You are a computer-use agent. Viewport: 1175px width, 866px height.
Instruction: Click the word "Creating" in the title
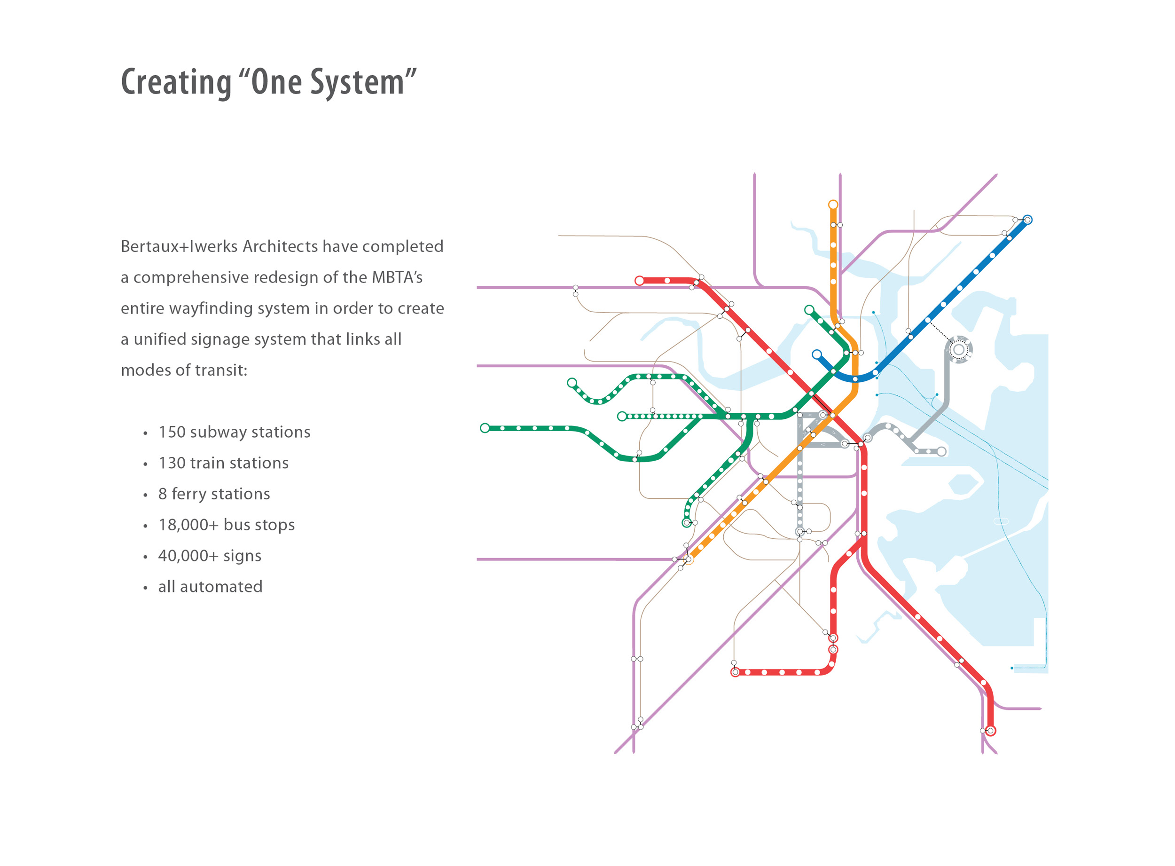[x=176, y=83]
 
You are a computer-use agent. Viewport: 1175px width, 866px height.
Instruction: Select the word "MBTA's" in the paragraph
[x=397, y=277]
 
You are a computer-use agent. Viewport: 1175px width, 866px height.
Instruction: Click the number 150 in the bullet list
[x=172, y=432]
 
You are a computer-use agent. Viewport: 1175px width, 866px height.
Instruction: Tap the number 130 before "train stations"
[x=172, y=463]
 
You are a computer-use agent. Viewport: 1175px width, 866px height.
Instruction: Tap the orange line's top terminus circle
[x=833, y=205]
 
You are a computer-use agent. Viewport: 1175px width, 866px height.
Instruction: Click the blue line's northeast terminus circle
[x=1027, y=220]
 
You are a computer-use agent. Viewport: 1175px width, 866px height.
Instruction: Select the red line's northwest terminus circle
[x=639, y=281]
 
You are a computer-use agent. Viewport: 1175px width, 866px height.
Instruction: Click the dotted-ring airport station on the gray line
[x=958, y=349]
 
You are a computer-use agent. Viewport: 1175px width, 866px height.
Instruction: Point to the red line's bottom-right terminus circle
[x=990, y=730]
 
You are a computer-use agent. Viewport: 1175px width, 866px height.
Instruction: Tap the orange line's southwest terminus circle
[x=689, y=560]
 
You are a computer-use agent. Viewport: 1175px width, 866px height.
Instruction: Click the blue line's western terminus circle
[x=816, y=354]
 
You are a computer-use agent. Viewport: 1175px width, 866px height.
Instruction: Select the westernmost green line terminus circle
[x=485, y=428]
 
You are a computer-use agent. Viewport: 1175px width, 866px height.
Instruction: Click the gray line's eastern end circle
[x=941, y=451]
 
